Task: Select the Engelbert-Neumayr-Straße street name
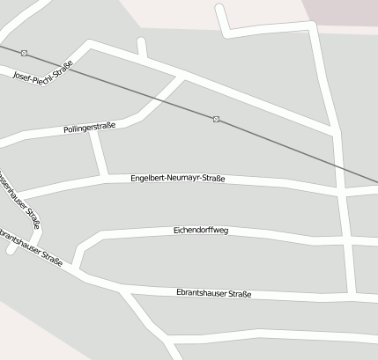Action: tap(177, 179)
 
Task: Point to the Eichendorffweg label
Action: tap(201, 231)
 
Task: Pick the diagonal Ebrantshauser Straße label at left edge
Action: tap(32, 251)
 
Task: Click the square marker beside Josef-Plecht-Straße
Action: tap(24, 54)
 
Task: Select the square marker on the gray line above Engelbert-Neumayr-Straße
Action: tap(216, 119)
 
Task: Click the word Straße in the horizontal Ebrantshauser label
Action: tap(240, 294)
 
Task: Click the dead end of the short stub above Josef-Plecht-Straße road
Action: tap(140, 41)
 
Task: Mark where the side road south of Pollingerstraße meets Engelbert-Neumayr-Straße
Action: tap(107, 177)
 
